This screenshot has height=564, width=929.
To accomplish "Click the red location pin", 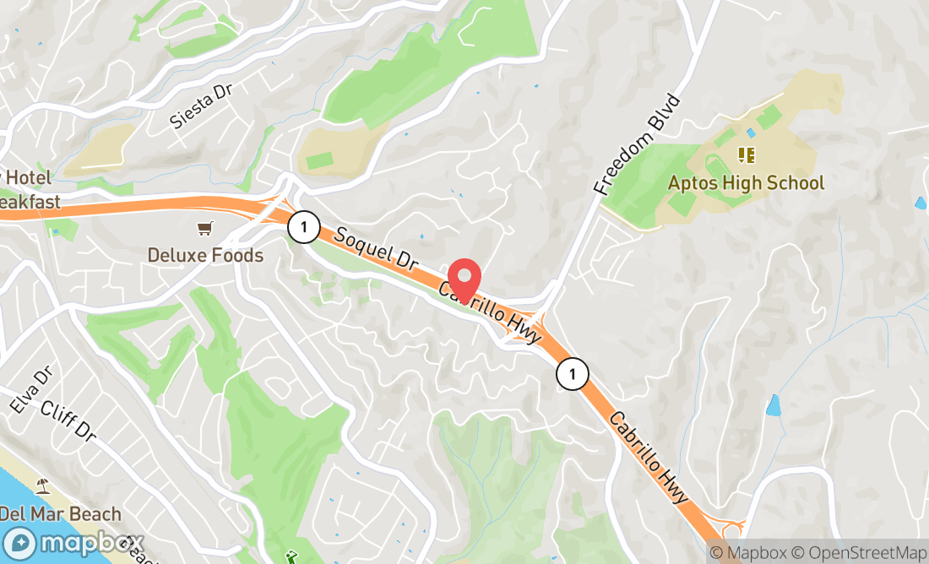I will point(463,279).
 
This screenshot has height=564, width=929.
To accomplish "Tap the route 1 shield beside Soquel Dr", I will point(302,226).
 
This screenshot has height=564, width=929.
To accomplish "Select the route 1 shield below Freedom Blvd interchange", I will point(572,374).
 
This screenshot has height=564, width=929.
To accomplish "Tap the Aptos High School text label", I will point(746,182).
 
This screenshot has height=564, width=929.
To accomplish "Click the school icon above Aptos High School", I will point(746,155).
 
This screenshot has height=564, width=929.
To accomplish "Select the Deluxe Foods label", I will point(205,255).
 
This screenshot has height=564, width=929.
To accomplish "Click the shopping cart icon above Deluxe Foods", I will point(204,228).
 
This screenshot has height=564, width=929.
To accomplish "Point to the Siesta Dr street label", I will point(200,106).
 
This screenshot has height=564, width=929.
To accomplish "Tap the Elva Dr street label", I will point(31,390).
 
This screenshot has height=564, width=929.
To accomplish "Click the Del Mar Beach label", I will point(61,513).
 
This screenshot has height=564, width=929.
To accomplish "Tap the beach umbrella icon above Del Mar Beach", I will point(43,487).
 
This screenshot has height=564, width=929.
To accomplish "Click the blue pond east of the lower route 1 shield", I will point(774,404).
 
